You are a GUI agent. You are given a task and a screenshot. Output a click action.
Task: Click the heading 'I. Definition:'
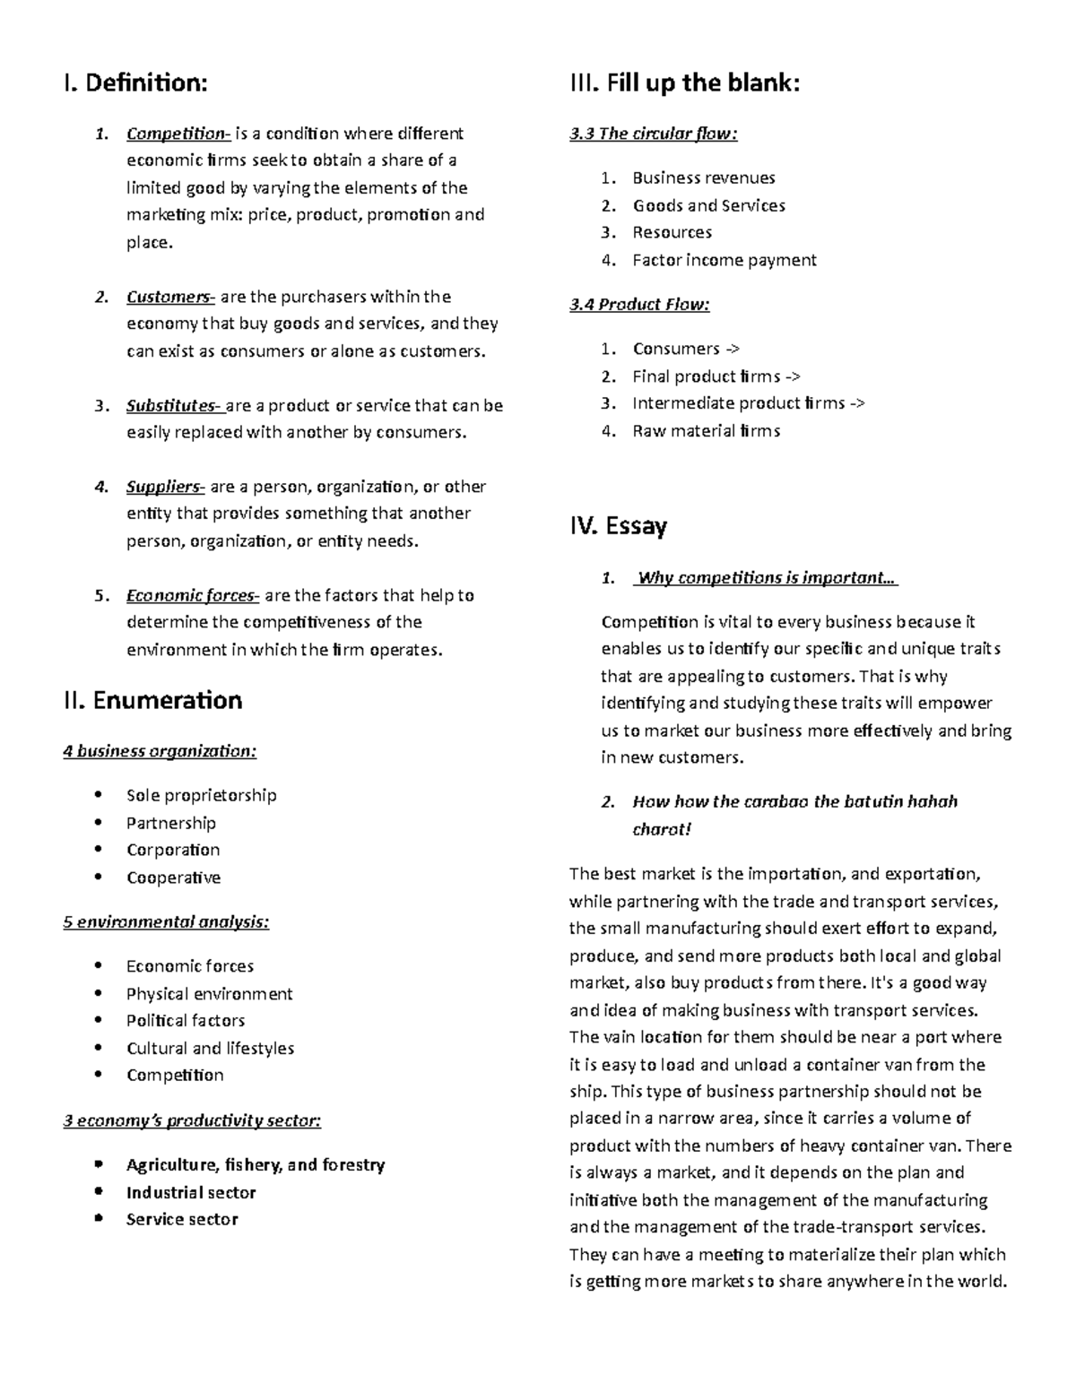[134, 83]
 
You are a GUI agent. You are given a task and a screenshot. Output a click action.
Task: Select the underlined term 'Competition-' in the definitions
[178, 134]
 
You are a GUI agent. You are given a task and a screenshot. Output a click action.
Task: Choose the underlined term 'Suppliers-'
[166, 488]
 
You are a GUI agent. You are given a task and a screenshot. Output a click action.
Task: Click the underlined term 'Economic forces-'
[193, 596]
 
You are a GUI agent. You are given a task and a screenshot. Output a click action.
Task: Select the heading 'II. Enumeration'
[152, 700]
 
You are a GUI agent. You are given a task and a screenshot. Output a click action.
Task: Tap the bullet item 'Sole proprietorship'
[201, 796]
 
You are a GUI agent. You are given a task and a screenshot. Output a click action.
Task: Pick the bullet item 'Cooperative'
[173, 878]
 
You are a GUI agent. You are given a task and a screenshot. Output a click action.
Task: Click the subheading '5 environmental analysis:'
[166, 922]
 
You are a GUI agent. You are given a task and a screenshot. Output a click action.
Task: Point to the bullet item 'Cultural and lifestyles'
[210, 1049]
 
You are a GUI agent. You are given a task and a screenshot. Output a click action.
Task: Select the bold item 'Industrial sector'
[191, 1193]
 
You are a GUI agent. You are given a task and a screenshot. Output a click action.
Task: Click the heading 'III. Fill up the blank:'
[684, 83]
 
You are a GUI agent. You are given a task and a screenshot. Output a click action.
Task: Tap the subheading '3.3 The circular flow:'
[654, 134]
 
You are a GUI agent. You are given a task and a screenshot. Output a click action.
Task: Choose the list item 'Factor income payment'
[725, 261]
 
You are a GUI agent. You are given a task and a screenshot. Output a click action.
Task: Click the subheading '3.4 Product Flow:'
[639, 305]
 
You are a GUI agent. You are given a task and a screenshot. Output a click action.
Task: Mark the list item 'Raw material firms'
[707, 431]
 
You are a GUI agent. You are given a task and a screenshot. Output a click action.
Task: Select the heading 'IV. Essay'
[618, 525]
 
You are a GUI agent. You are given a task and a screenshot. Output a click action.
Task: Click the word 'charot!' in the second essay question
[662, 829]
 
